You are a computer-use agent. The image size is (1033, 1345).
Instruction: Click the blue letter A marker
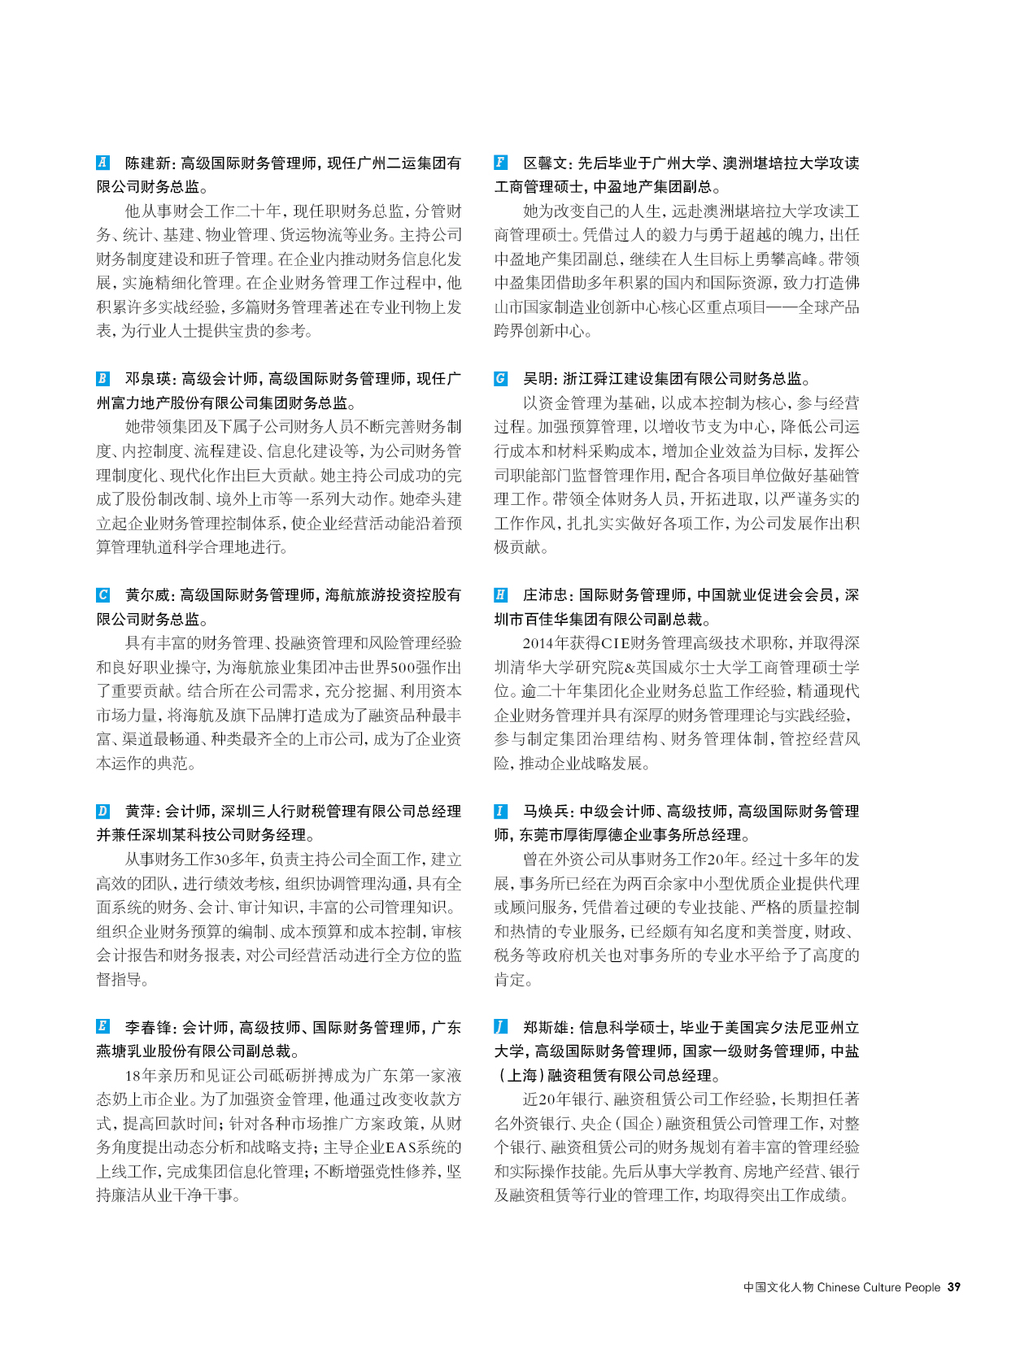click(x=102, y=163)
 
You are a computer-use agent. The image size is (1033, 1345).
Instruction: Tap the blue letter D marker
click(x=102, y=811)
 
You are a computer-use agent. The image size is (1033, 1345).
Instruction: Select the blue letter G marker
click(x=501, y=379)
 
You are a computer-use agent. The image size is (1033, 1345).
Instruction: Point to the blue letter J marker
click(x=501, y=1027)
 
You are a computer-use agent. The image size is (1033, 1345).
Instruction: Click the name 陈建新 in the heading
click(x=148, y=163)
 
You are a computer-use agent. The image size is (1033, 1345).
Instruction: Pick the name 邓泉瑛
click(x=148, y=379)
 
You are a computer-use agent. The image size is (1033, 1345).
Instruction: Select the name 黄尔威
click(x=148, y=595)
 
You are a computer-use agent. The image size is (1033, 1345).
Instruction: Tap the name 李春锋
click(x=148, y=1028)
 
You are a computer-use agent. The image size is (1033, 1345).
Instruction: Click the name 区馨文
click(x=547, y=163)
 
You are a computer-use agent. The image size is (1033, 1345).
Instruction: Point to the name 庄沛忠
click(x=547, y=595)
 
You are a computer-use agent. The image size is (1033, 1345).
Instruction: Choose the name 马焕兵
click(x=547, y=812)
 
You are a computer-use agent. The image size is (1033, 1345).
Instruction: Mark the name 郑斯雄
click(x=547, y=1028)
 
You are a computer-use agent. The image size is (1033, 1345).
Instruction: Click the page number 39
click(x=954, y=1287)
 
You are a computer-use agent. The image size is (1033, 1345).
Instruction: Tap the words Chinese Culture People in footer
click(x=878, y=1287)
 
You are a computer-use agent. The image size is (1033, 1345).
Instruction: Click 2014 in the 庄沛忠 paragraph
click(x=540, y=643)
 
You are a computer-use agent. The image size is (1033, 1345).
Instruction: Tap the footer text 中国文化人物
click(x=778, y=1287)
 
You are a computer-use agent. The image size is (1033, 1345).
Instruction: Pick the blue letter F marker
click(x=501, y=163)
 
